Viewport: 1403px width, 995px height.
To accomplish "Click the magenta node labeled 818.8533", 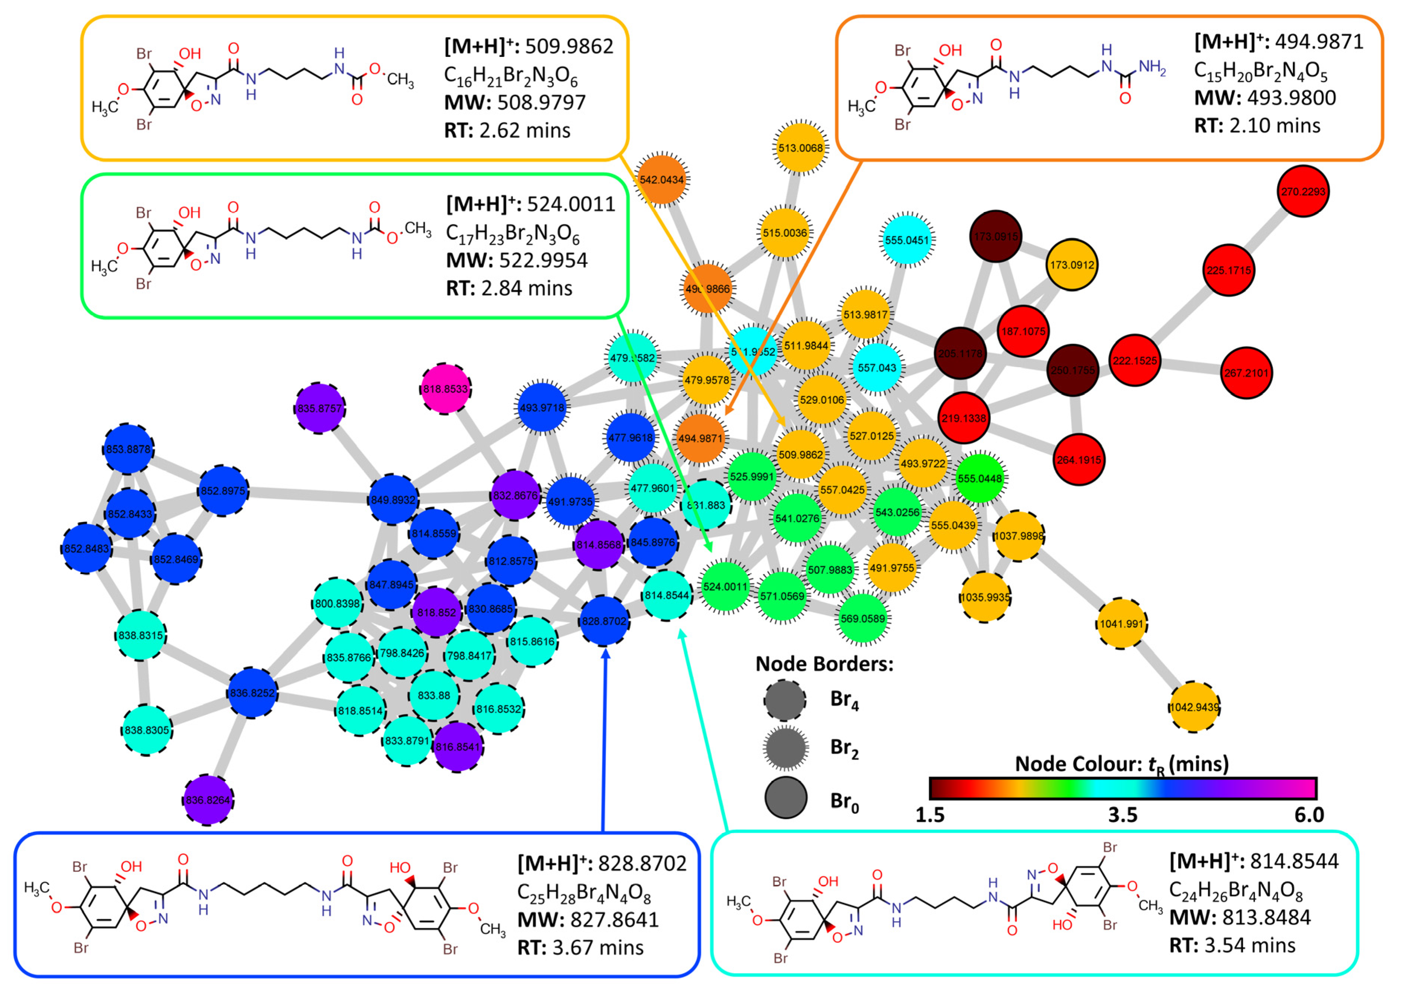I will pyautogui.click(x=445, y=389).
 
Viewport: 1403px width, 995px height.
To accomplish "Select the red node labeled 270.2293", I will pyautogui.click(x=1303, y=191).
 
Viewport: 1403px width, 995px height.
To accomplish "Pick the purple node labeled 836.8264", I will pyautogui.click(x=208, y=800).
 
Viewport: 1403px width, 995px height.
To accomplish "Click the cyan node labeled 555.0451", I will pyautogui.click(x=907, y=240).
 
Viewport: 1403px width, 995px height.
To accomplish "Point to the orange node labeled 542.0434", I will pyautogui.click(x=662, y=179).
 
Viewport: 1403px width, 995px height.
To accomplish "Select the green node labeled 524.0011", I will pyautogui.click(x=725, y=586).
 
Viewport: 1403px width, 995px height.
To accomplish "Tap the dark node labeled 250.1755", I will pyautogui.click(x=1072, y=370).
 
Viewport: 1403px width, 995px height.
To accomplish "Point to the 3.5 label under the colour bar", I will pyautogui.click(x=1122, y=816).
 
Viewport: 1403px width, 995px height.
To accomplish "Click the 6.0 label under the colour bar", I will pyautogui.click(x=1309, y=816).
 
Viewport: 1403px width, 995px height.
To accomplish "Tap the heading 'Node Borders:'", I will pyautogui.click(x=824, y=663).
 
